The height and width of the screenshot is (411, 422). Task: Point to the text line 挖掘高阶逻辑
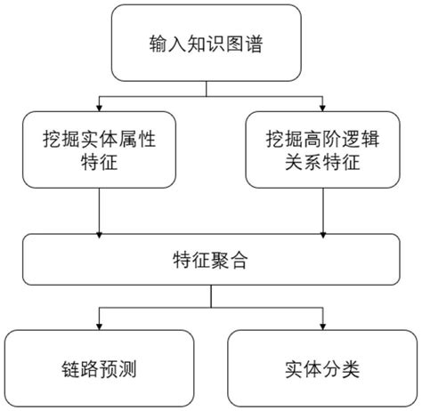coord(319,141)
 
